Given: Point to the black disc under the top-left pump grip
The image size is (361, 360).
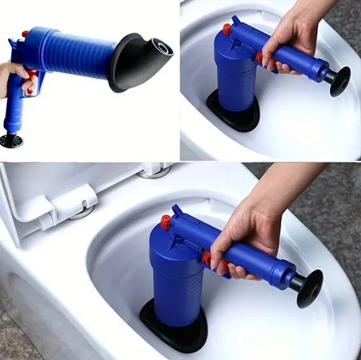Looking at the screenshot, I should coord(10,141).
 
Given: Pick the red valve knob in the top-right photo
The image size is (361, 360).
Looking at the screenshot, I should coord(227,29).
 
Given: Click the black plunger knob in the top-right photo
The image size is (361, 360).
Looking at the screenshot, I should coord(338,80).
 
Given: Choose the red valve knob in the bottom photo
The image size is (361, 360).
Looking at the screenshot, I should coord(166,221).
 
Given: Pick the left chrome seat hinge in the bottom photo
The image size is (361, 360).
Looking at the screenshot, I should coord(81,210).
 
